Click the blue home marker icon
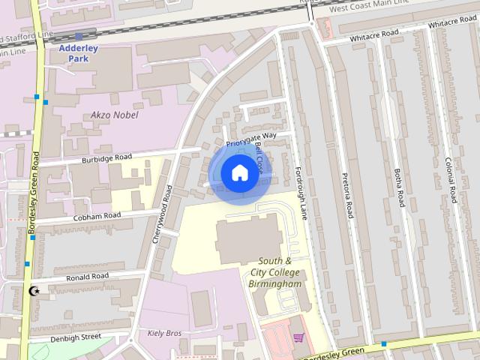[x=238, y=173]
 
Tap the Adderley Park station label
[x=79, y=52]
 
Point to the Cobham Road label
[x=97, y=216]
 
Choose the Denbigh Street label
[x=76, y=337]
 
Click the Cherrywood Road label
[x=163, y=213]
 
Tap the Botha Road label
[x=398, y=189]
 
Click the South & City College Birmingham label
[x=274, y=272]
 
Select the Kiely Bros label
[x=164, y=332]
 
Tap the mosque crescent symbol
[x=33, y=290]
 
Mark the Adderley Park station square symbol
[x=79, y=36]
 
